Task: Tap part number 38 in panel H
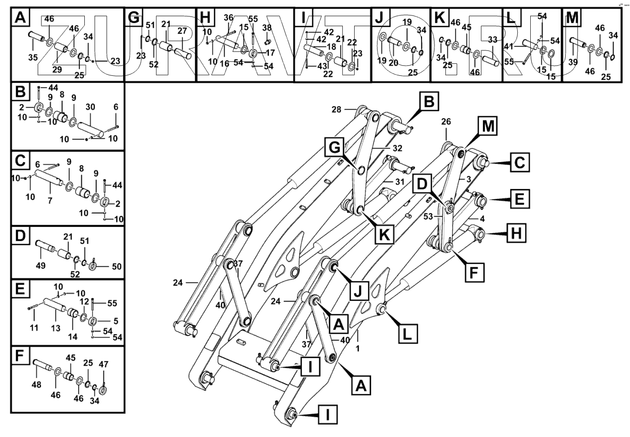(x=267, y=27)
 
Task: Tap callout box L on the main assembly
(x=409, y=334)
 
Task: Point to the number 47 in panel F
(x=104, y=364)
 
